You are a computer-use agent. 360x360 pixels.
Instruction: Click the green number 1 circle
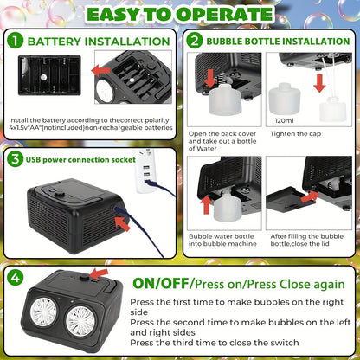coord(15,41)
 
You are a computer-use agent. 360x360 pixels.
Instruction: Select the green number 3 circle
coord(15,159)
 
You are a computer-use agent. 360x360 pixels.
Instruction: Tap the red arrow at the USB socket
coord(122,222)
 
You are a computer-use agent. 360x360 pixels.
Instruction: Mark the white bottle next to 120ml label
coord(283,98)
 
